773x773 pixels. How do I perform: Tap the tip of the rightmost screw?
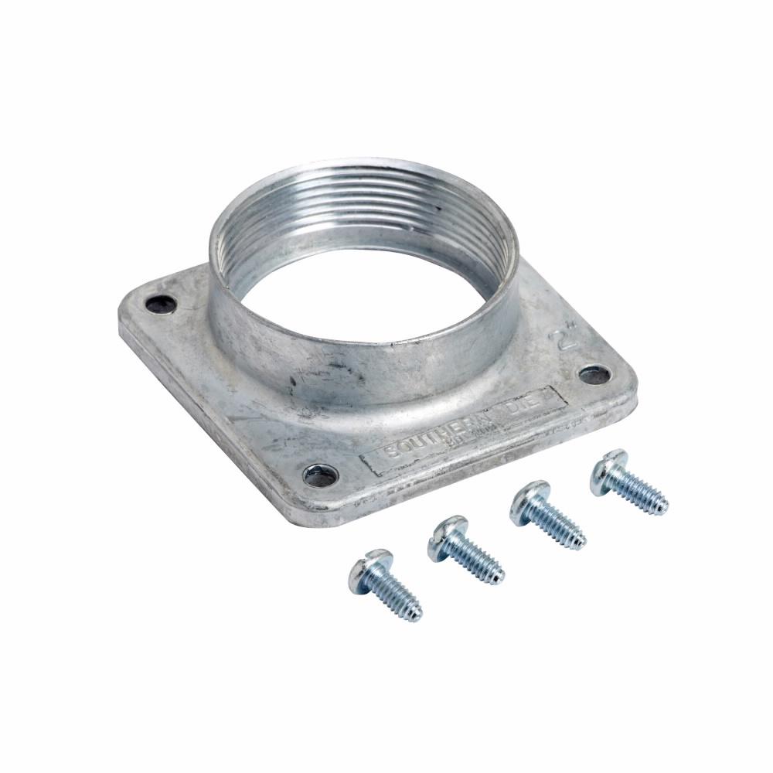(x=665, y=509)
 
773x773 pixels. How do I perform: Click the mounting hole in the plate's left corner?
(x=161, y=303)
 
